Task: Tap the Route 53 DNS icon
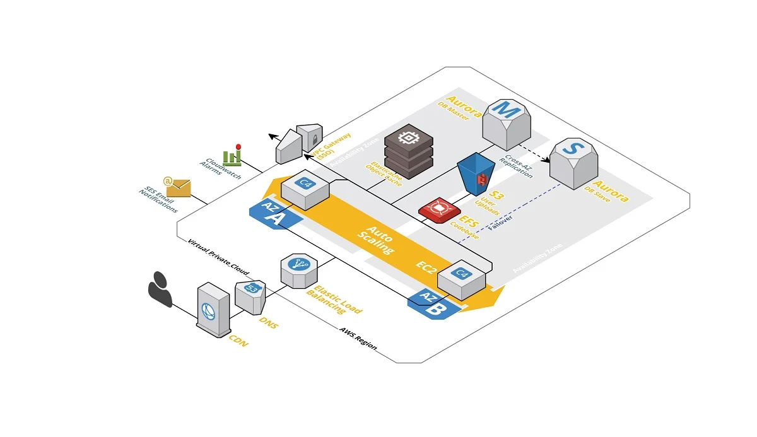pyautogui.click(x=250, y=297)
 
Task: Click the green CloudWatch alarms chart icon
pyautogui.click(x=233, y=154)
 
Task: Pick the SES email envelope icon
pyautogui.click(x=177, y=187)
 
